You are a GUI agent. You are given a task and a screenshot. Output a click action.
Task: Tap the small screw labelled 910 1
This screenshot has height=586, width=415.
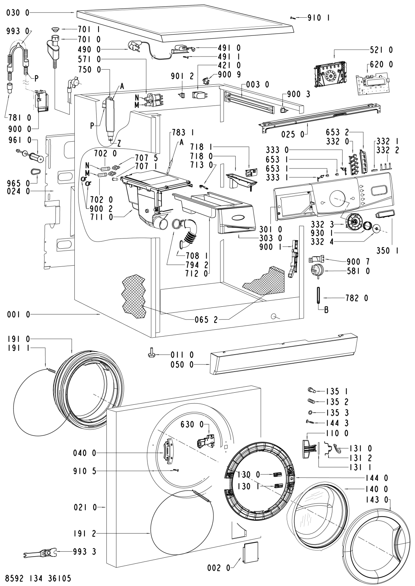tap(293, 18)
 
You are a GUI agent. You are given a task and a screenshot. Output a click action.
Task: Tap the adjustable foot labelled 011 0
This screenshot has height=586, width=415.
tap(153, 354)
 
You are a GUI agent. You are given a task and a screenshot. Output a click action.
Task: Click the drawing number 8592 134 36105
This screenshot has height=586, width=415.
tap(38, 578)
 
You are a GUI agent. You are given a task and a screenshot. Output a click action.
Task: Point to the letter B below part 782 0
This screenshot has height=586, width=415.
tap(326, 310)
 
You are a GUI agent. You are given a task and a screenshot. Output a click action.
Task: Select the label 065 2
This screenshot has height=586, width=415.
tap(206, 320)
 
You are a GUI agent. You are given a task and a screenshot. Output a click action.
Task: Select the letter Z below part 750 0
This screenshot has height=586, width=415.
tap(119, 143)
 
